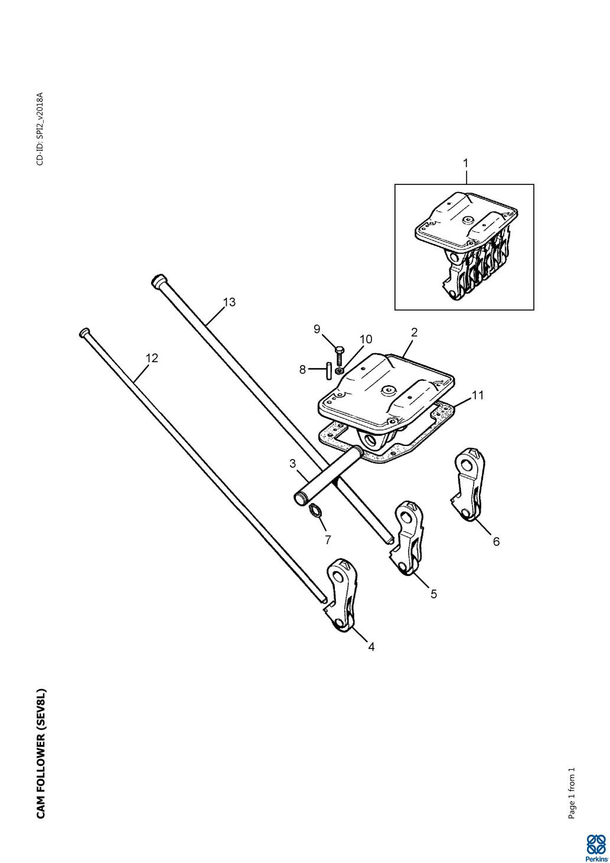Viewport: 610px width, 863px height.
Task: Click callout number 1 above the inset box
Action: pyautogui.click(x=466, y=162)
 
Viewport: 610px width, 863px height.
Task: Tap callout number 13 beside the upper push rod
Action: pyautogui.click(x=229, y=302)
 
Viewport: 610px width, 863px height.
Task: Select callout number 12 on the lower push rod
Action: pyautogui.click(x=152, y=358)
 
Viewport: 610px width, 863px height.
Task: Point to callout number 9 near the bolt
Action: pyautogui.click(x=317, y=329)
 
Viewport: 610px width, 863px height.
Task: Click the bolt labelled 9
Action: pyautogui.click(x=340, y=356)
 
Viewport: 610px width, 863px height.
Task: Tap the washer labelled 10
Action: pyautogui.click(x=338, y=370)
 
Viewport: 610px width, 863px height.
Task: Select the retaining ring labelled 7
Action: pyautogui.click(x=317, y=510)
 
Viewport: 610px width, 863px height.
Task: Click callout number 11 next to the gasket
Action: pyautogui.click(x=478, y=396)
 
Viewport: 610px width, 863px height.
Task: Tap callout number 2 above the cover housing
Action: pyautogui.click(x=414, y=332)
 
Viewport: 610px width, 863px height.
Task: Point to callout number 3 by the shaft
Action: pyautogui.click(x=293, y=464)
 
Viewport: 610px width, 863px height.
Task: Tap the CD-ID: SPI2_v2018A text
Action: pyautogui.click(x=40, y=129)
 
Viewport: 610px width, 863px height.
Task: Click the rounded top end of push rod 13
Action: pyautogui.click(x=158, y=281)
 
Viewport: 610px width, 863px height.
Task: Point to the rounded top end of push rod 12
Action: pyautogui.click(x=84, y=333)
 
